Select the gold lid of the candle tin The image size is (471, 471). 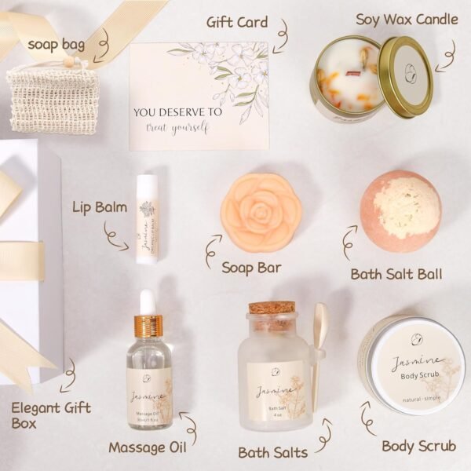[x=406, y=78]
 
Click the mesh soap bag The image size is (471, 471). [x=52, y=99]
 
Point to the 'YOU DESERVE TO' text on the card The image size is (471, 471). [x=177, y=112]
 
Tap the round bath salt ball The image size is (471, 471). [x=400, y=210]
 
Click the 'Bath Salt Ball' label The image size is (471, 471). [x=396, y=275]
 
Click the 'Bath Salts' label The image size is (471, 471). [x=272, y=451]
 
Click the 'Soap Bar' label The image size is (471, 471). [x=250, y=268]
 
